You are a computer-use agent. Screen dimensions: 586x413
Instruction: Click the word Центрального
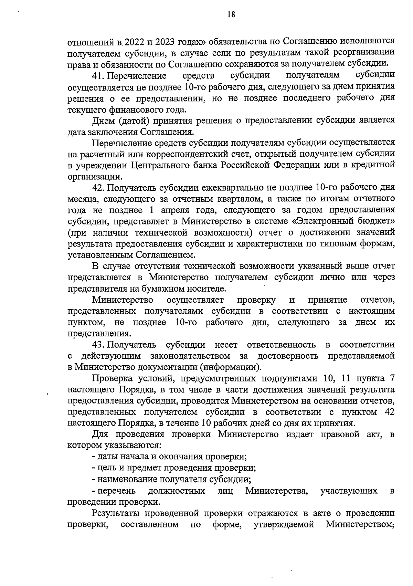(160, 165)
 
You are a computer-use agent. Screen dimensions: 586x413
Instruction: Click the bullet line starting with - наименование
(171, 479)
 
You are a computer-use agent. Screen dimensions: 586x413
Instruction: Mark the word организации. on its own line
(95, 177)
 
